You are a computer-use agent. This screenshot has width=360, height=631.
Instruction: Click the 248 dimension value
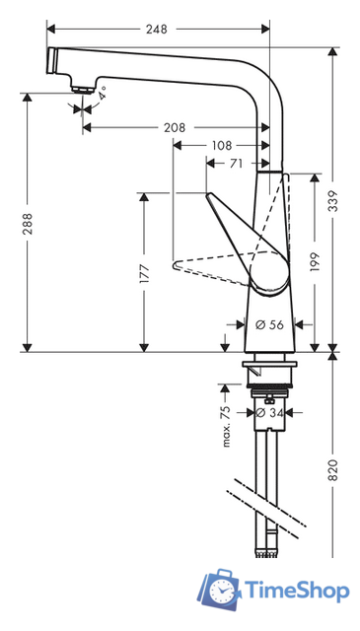coord(156,29)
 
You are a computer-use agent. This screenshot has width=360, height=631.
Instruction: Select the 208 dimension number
coord(175,127)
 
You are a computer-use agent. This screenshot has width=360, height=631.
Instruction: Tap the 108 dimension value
coord(222,145)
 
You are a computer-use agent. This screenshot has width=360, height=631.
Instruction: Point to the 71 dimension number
coord(236,163)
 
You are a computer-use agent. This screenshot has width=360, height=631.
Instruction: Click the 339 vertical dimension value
coord(333,200)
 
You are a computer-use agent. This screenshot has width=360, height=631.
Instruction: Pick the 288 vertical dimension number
coord(28,224)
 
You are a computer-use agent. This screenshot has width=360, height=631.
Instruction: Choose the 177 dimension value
coord(144,274)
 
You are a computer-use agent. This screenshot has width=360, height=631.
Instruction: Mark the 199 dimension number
coord(315,262)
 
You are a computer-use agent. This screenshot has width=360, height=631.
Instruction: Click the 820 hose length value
coord(333,469)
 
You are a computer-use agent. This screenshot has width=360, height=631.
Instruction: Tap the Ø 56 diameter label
coord(270,324)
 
